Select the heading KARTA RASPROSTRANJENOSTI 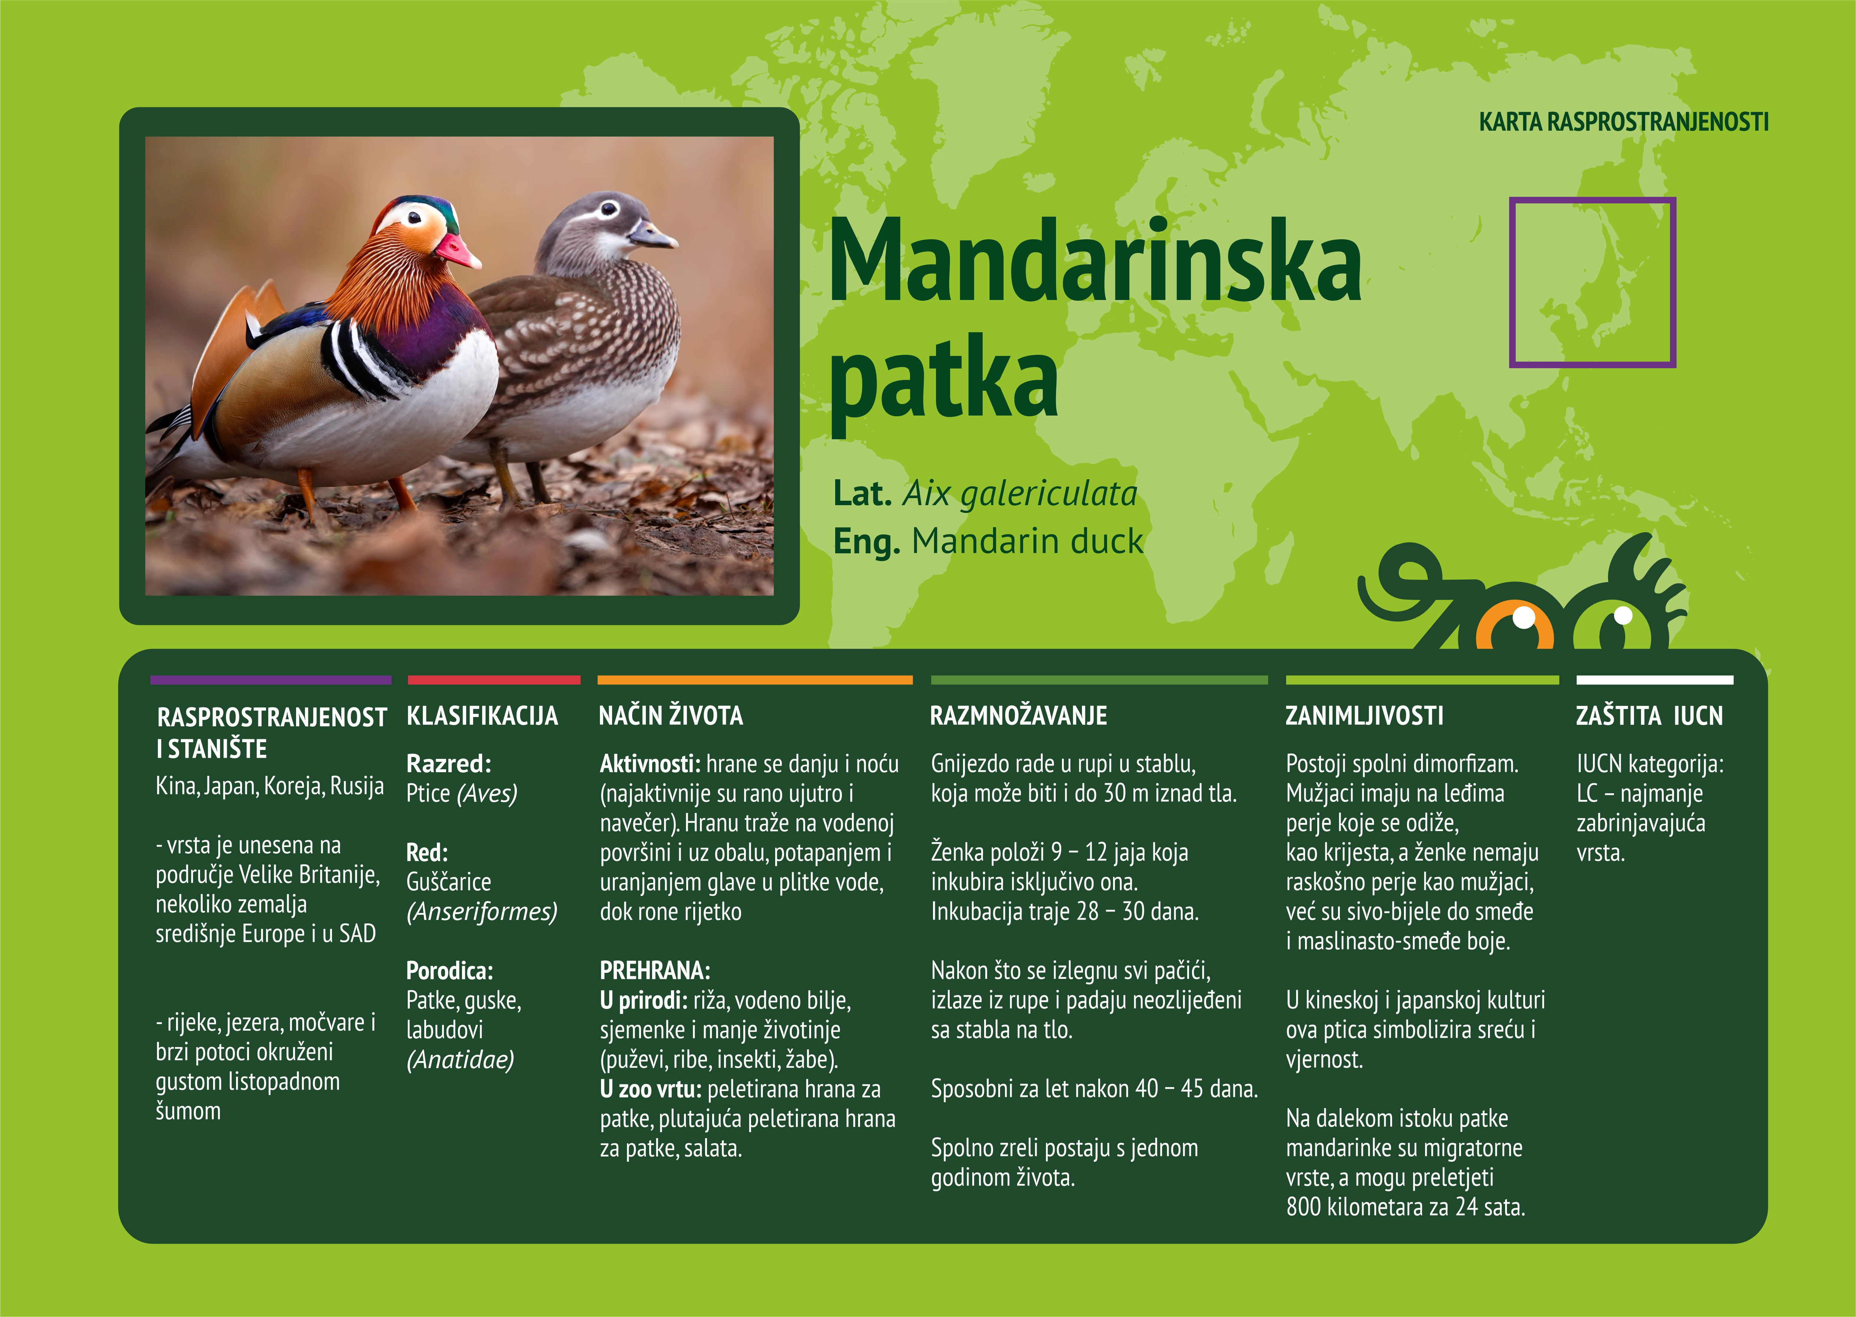coord(1623,123)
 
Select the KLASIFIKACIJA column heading coord(482,716)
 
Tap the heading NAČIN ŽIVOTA coord(671,716)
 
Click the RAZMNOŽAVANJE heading coord(1018,716)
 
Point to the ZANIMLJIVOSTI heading coord(1364,716)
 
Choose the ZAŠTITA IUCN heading coord(1649,716)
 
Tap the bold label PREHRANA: coord(655,971)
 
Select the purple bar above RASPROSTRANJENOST coord(271,680)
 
